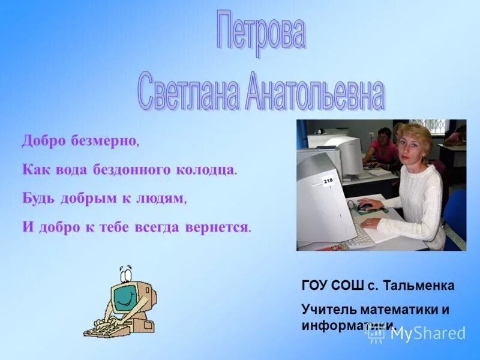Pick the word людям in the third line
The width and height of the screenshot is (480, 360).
click(x=161, y=199)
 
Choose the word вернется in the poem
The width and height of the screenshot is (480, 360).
click(x=224, y=227)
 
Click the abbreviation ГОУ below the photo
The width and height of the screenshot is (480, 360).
click(x=314, y=286)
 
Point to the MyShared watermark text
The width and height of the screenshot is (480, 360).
click(x=427, y=333)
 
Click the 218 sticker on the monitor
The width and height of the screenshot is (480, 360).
click(x=328, y=180)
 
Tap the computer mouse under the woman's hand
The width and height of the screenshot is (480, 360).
click(x=364, y=208)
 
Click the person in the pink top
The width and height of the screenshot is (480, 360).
click(x=382, y=147)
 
